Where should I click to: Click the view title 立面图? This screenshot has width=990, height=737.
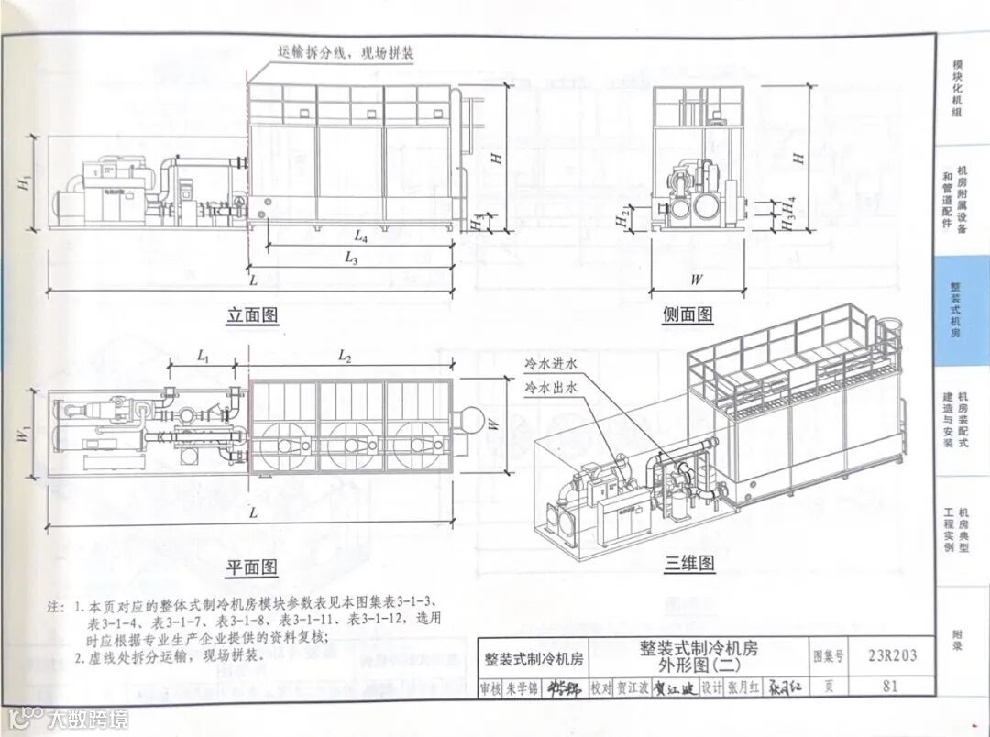point(252,316)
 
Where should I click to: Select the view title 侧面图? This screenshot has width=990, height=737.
point(687,314)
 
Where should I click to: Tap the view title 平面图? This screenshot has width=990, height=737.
point(251,567)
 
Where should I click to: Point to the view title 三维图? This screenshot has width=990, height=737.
point(689,564)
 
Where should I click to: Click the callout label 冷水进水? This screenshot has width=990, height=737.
point(551,365)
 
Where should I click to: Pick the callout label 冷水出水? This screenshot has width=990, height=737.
point(551,389)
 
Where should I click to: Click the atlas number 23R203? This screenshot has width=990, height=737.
point(892,655)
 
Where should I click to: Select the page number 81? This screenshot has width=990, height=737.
point(889,686)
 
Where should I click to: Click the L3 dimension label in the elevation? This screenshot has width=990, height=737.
point(352,258)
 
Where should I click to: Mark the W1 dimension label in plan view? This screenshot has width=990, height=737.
point(25,433)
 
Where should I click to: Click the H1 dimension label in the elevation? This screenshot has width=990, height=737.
point(25,181)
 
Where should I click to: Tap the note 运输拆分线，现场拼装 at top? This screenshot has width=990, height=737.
point(345,53)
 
